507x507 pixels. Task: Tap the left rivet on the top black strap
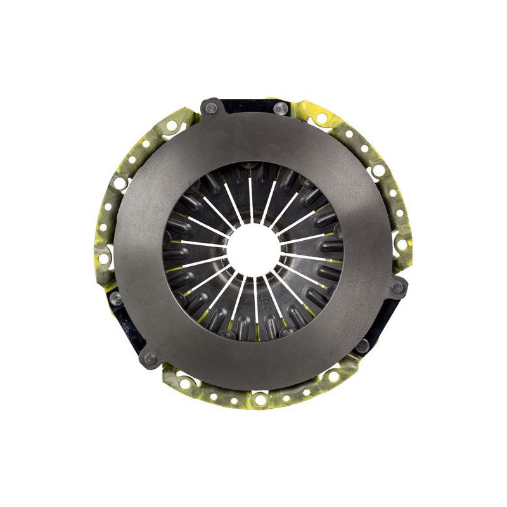pyautogui.click(x=211, y=108)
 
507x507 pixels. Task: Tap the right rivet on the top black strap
pyautogui.click(x=280, y=109)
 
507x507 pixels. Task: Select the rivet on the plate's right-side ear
pyautogui.click(x=397, y=288)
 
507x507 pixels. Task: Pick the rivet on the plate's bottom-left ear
pyautogui.click(x=150, y=359)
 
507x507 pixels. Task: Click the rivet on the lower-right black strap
pyautogui.click(x=362, y=346)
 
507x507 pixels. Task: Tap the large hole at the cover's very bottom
pyautogui.click(x=260, y=400)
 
